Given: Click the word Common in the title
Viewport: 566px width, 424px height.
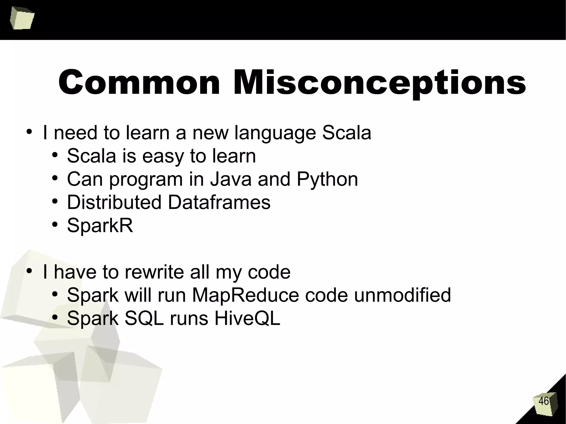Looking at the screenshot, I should coord(139,82).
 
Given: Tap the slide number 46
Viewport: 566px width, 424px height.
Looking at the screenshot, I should coord(543,401).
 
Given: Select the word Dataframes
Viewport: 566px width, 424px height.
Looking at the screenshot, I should coord(219,202).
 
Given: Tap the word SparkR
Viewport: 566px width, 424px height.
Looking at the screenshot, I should coord(100,225).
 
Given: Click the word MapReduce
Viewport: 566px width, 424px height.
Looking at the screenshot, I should coord(245,295).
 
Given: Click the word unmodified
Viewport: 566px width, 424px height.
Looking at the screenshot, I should coord(402,295).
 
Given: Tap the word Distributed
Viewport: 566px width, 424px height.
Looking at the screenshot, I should coord(114,202).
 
